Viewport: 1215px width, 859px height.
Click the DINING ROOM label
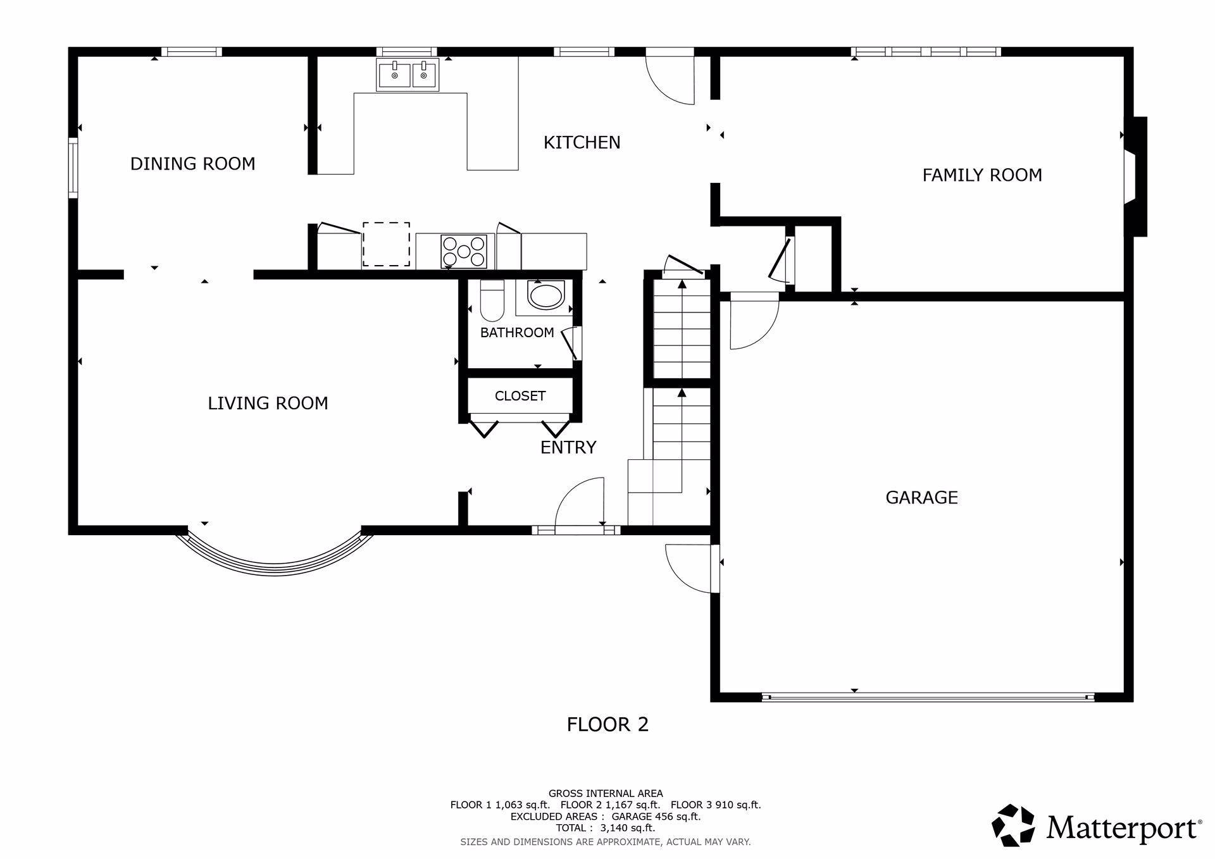[x=193, y=164]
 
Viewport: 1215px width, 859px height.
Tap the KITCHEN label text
[x=582, y=142]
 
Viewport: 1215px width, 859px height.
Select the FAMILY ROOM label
[x=982, y=175]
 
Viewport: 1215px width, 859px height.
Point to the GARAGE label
[x=921, y=497]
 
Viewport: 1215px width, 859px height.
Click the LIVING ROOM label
[x=268, y=403]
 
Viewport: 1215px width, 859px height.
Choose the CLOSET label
[x=520, y=396]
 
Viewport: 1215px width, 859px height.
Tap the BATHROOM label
[x=517, y=333]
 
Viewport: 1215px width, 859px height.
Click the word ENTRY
[x=568, y=447]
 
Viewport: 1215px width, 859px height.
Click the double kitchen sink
[x=408, y=75]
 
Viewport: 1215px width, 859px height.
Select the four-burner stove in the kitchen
[x=464, y=251]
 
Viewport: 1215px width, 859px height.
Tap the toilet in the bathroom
[x=492, y=300]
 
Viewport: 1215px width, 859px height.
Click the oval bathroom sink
[x=545, y=296]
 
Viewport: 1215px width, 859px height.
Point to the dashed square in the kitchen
[x=386, y=244]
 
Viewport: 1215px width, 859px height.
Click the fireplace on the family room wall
[x=1136, y=176]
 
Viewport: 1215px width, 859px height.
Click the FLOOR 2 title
[x=607, y=724]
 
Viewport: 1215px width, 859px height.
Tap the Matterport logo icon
[x=1012, y=825]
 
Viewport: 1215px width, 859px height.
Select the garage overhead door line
[x=928, y=697]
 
